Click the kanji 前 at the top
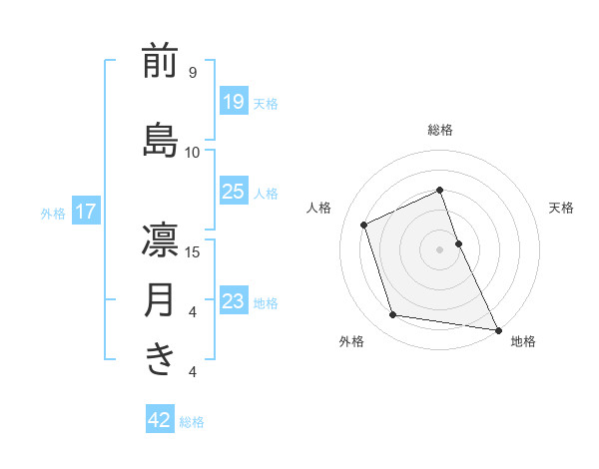[160, 62]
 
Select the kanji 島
[160, 141]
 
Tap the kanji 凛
[160, 240]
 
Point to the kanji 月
[160, 300]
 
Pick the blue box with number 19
[233, 101]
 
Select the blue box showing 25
[233, 192]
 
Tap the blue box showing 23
[233, 300]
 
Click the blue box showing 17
[86, 212]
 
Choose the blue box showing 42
[160, 420]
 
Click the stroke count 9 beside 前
[192, 73]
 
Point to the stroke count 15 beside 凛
[192, 251]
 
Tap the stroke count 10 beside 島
[192, 152]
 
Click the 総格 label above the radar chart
[440, 130]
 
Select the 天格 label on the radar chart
[562, 208]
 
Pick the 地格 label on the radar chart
[523, 341]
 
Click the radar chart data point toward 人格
[364, 224]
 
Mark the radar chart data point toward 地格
[497, 328]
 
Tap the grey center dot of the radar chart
[440, 248]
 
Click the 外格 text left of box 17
[53, 213]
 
